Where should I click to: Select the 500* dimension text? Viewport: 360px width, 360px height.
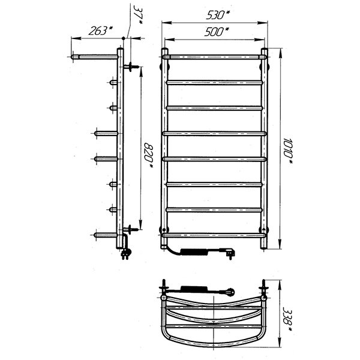216,32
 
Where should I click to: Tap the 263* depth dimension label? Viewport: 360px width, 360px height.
101,31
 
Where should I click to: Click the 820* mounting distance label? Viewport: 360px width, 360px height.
148,155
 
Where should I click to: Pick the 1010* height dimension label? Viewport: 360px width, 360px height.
287,151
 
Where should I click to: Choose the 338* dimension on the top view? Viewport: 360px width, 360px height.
287,319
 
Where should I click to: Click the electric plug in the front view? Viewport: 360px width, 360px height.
227,253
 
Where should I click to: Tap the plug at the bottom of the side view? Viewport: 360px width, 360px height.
126,253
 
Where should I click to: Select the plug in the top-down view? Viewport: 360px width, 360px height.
228,292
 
